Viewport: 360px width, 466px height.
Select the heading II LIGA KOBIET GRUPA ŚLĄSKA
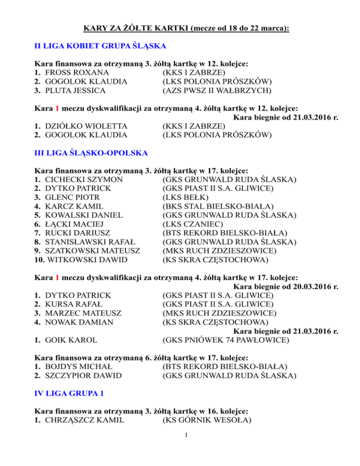coord(101,46)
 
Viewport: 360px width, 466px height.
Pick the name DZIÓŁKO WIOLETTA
coord(86,126)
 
